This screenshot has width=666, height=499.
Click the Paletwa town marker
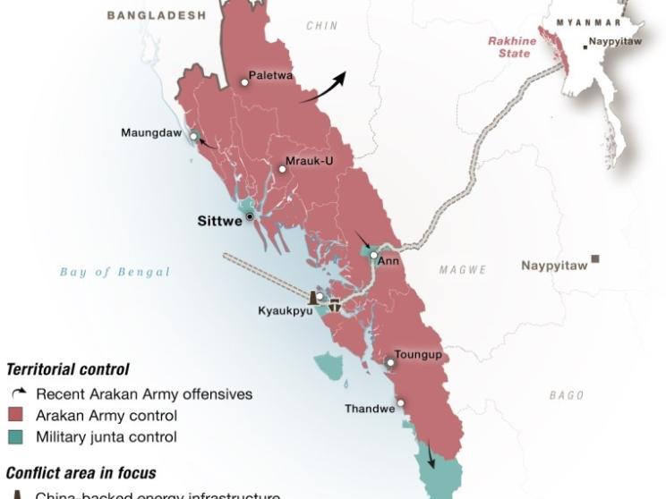pos(244,82)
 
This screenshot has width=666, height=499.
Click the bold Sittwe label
pos(219,221)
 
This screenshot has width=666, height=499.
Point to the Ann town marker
pos(374,255)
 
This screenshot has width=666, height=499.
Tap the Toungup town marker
pos(390,363)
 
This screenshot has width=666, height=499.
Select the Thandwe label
pos(370,409)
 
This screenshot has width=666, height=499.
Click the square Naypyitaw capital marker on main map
pos(594,259)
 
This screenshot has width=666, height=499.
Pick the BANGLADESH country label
pos(156,15)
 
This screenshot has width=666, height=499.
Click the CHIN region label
pos(322,27)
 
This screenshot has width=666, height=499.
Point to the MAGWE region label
pos(463,269)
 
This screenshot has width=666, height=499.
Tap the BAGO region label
pos(567,395)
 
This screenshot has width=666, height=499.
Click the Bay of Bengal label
pos(115,272)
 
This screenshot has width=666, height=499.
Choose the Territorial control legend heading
pos(68,369)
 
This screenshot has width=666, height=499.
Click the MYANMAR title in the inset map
pos(588,22)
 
